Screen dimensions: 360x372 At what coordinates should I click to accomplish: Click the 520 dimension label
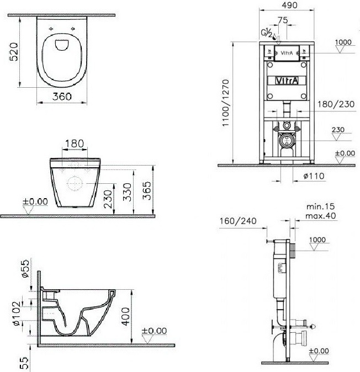click(x=14, y=52)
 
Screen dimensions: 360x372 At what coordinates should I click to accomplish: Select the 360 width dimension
click(x=62, y=97)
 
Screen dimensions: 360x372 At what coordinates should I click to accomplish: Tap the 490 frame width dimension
click(x=290, y=5)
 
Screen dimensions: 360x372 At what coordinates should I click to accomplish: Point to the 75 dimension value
click(x=283, y=20)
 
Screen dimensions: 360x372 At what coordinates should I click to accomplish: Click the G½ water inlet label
click(x=267, y=33)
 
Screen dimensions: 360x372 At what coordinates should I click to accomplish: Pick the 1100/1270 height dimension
click(x=225, y=103)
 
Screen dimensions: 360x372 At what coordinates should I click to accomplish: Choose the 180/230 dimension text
click(x=336, y=104)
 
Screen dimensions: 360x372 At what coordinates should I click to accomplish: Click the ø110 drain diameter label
click(x=314, y=176)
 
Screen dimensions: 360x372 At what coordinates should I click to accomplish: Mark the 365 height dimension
click(x=147, y=191)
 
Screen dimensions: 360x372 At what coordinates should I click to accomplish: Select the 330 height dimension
click(x=128, y=192)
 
